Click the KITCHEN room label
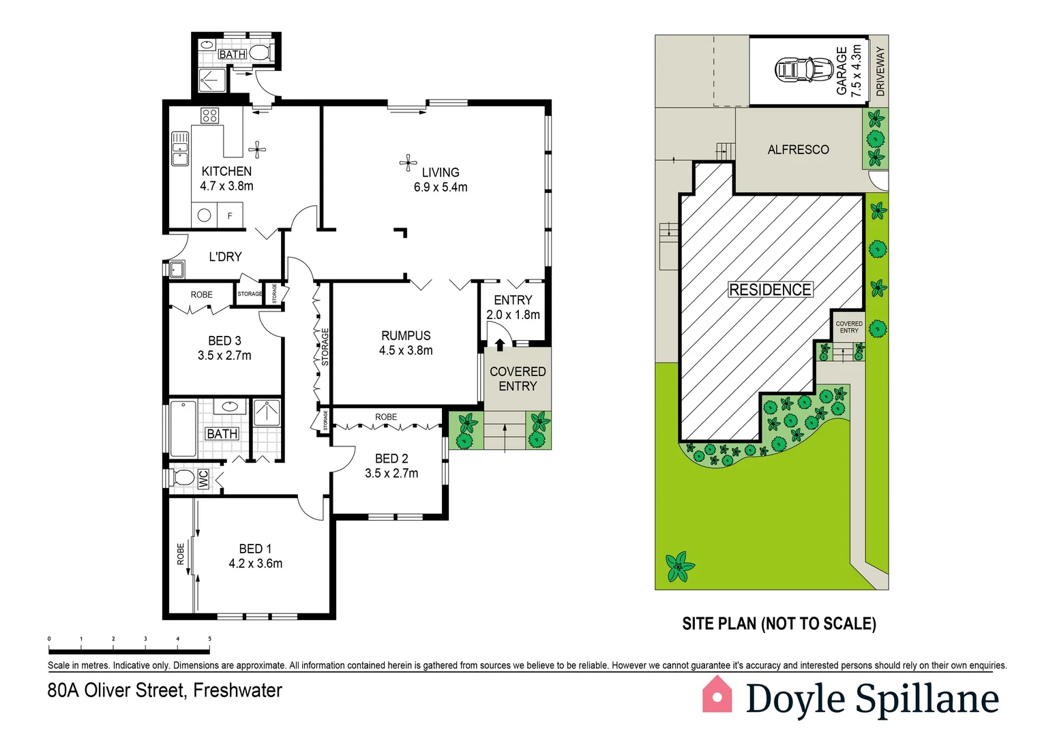(x=226, y=171)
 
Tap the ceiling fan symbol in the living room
(x=408, y=163)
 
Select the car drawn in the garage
(x=804, y=70)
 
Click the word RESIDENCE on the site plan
(x=770, y=290)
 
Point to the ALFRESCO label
(x=798, y=150)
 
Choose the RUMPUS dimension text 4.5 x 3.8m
(x=406, y=351)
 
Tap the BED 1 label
(x=255, y=549)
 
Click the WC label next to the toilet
(x=203, y=479)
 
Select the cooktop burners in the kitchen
(x=209, y=115)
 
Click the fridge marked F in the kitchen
(x=230, y=216)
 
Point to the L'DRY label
(x=225, y=257)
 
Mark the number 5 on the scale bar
(x=209, y=639)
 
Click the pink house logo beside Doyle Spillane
(x=717, y=695)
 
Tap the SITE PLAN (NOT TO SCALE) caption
(x=779, y=624)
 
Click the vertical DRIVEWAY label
(x=880, y=71)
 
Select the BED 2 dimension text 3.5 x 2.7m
(x=391, y=474)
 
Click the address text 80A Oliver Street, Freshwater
(x=164, y=690)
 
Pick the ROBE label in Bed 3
(x=201, y=295)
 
